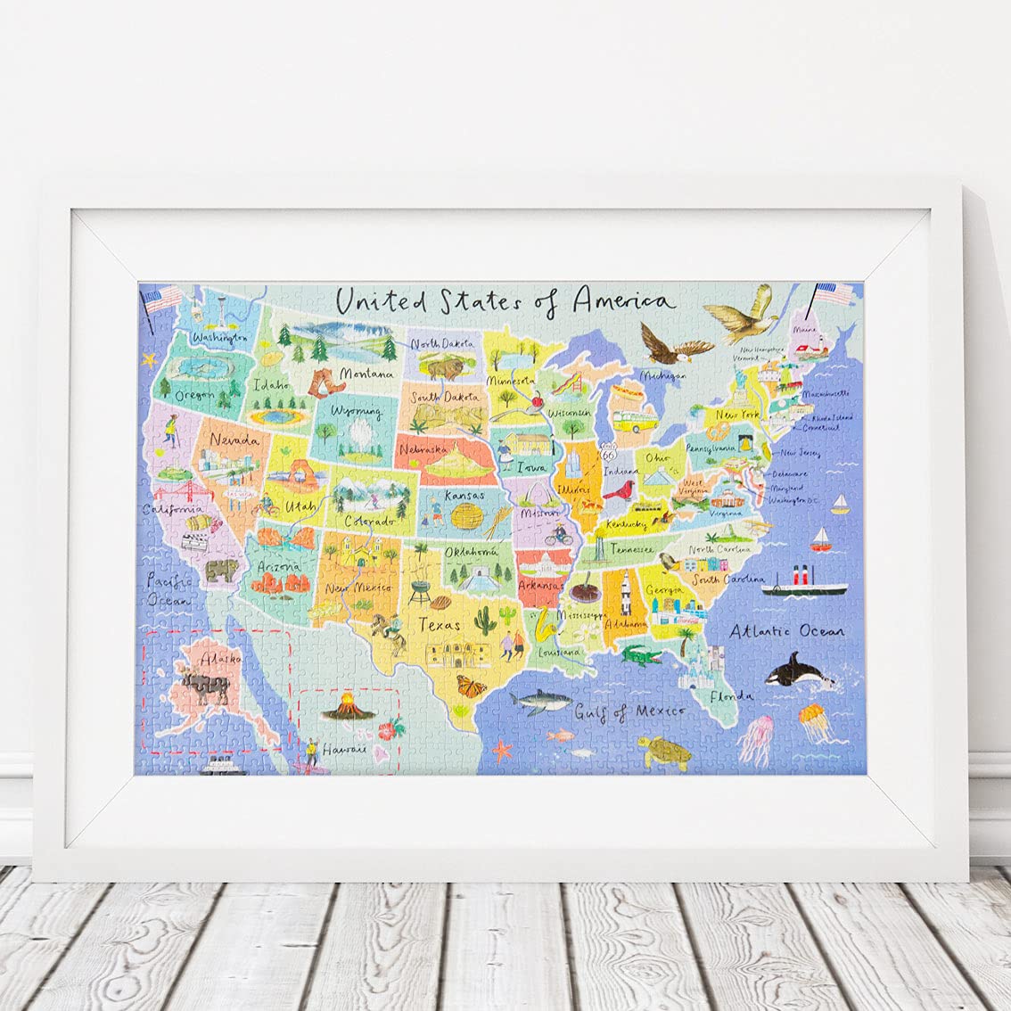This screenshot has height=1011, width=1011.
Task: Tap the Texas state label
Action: [x=440, y=624]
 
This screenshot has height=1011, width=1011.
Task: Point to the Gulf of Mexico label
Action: [x=629, y=711]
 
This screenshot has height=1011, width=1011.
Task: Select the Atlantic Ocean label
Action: [x=785, y=632]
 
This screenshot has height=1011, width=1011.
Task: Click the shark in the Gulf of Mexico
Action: [x=540, y=703]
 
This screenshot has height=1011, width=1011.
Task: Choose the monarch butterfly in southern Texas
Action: [x=471, y=686]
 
